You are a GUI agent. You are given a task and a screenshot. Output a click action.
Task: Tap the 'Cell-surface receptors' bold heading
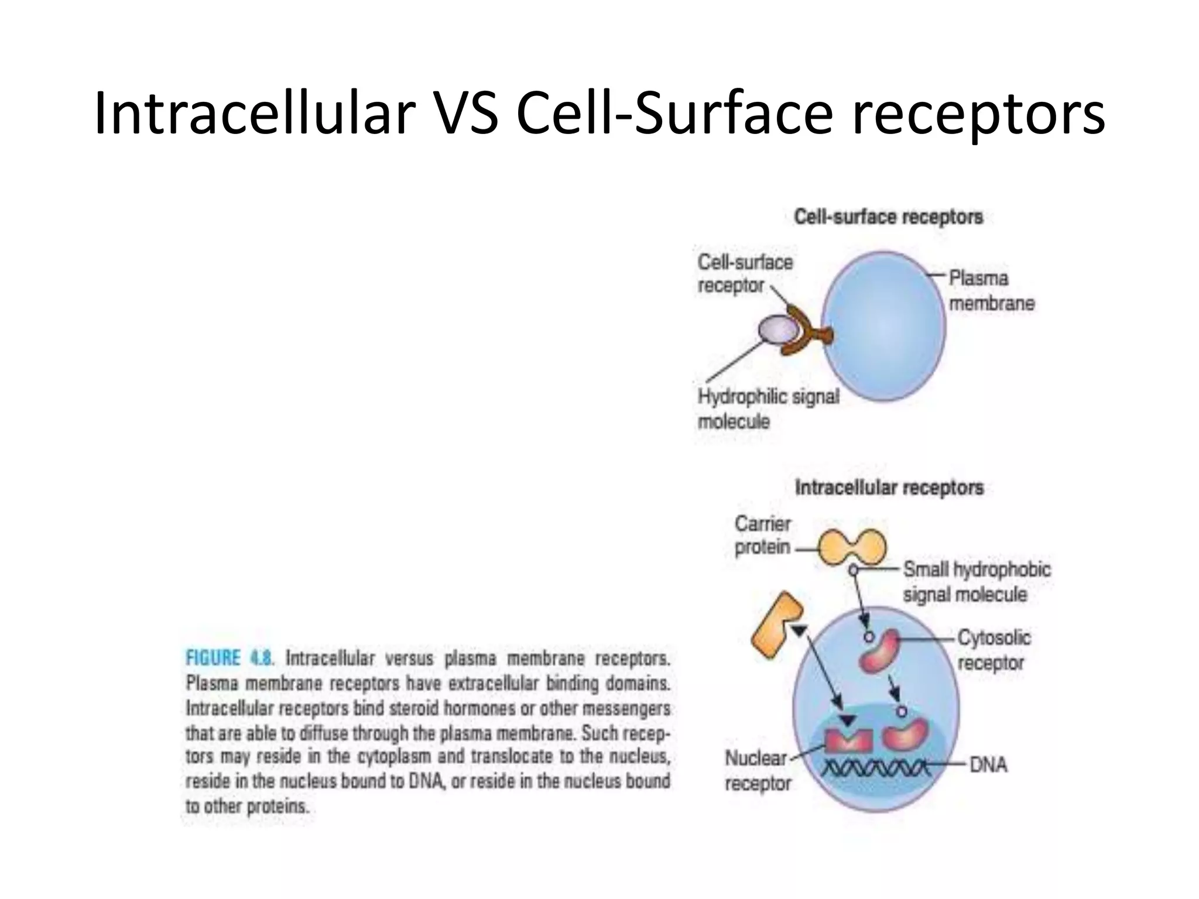[888, 217]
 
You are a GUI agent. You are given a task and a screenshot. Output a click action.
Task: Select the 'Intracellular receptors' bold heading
[889, 488]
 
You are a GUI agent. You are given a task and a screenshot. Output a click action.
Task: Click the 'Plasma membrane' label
[991, 291]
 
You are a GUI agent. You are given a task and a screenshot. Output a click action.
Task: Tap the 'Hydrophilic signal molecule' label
[768, 409]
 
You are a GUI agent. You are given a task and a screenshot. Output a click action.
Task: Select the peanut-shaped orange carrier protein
[852, 547]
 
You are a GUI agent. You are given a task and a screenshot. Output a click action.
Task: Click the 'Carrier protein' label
[762, 536]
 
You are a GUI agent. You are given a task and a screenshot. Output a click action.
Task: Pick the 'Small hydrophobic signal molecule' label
[976, 582]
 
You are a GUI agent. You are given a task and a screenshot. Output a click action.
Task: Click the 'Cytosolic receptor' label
[994, 650]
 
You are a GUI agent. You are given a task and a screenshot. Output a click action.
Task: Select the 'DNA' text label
[988, 765]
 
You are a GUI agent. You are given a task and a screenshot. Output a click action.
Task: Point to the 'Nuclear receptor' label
[757, 771]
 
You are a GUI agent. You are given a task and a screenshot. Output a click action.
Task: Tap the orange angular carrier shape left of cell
[775, 625]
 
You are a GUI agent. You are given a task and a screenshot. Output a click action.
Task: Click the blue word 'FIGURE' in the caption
[213, 658]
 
